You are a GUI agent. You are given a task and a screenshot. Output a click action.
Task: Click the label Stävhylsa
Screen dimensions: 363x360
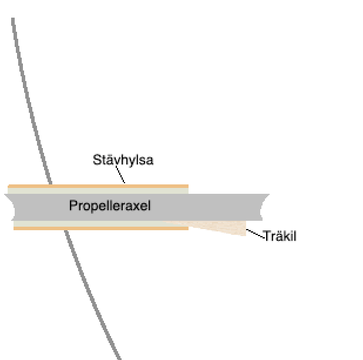tap(123, 160)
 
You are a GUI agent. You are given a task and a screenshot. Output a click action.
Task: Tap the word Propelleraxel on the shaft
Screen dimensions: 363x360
tap(110, 206)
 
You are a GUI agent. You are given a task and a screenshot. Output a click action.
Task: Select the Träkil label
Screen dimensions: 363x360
tap(280, 235)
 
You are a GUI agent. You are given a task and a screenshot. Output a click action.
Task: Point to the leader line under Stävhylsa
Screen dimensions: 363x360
tap(120, 174)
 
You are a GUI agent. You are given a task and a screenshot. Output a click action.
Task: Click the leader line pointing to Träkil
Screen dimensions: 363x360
tap(255, 234)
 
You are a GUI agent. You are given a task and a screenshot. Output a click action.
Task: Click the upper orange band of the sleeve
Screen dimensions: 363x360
tap(98, 186)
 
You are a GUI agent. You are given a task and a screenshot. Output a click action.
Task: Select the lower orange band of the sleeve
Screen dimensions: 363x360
tap(101, 228)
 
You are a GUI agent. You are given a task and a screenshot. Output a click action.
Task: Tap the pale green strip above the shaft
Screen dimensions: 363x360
tap(98, 191)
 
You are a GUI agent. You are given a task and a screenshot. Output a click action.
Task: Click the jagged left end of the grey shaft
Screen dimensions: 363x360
tap(10, 207)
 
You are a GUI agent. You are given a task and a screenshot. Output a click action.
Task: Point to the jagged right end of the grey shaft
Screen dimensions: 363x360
tap(264, 207)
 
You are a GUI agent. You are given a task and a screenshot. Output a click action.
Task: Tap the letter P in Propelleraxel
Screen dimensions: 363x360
tap(73, 205)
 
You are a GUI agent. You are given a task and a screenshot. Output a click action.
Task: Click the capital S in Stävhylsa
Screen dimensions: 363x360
tap(98, 160)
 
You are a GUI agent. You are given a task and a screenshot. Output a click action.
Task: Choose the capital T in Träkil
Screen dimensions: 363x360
tap(268, 235)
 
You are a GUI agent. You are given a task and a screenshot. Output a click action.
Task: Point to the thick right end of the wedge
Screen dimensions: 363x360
tap(246, 228)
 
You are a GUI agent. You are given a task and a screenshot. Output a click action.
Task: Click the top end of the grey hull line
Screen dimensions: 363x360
tap(13, 18)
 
